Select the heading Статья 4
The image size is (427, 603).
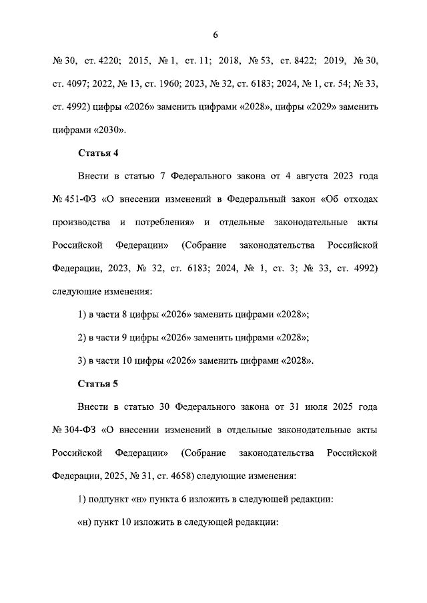coord(98,153)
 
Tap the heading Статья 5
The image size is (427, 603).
coord(98,384)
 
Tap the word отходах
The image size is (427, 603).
coord(360,199)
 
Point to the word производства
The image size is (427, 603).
coord(82,223)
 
